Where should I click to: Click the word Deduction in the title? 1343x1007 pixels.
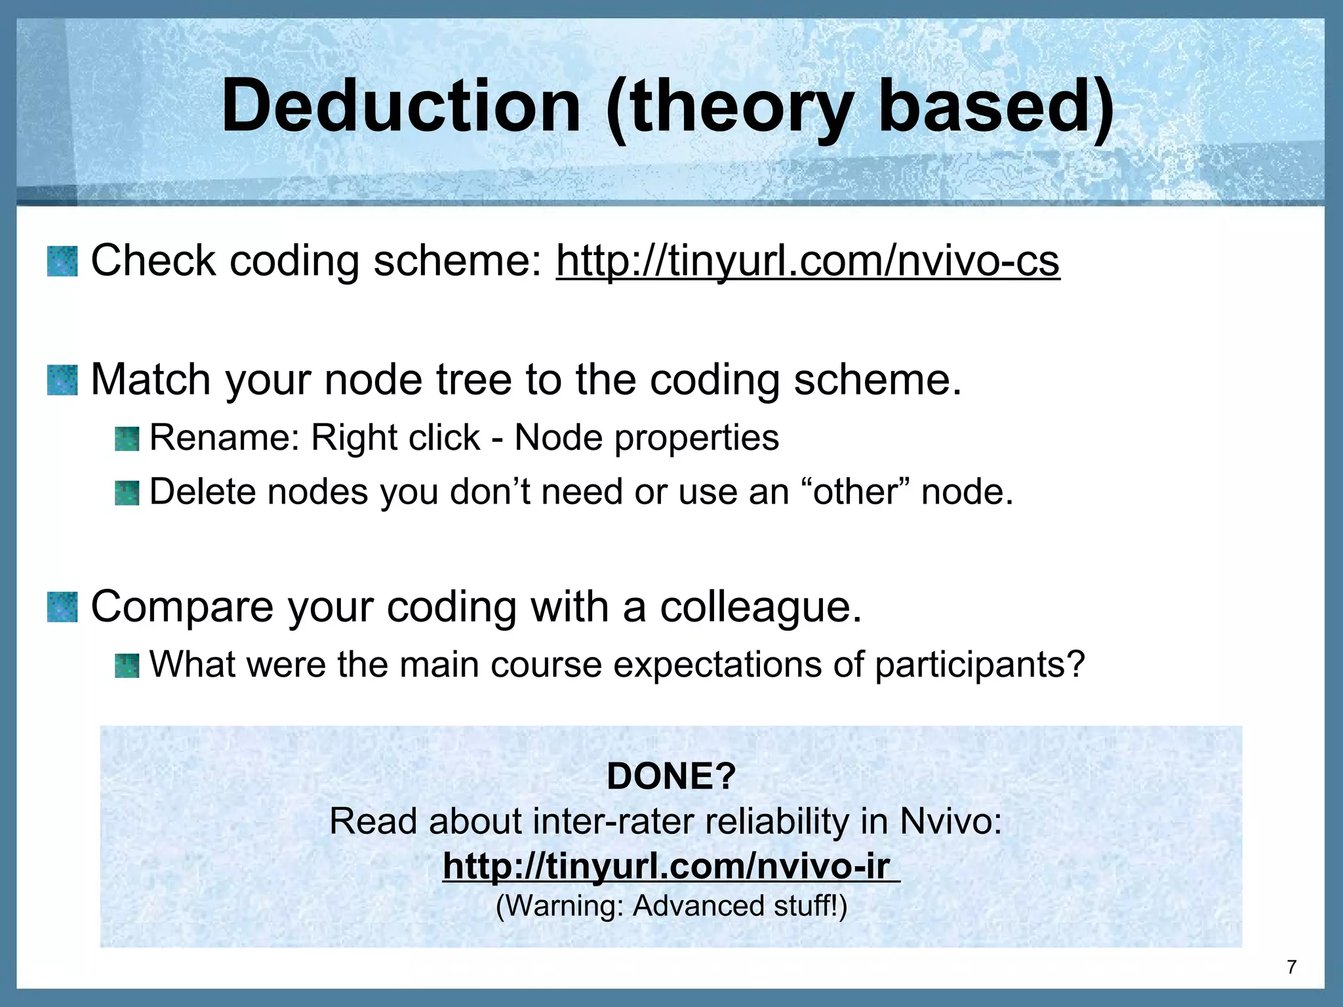[x=401, y=106]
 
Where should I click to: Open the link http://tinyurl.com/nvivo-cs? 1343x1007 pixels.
[x=807, y=261]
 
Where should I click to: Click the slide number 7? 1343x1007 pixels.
[x=1291, y=967]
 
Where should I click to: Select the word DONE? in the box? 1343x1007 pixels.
[x=671, y=776]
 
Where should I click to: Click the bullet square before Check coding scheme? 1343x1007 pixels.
[x=62, y=261]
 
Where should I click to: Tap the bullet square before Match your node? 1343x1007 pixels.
[x=62, y=380]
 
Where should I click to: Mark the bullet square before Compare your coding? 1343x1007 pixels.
[x=62, y=607]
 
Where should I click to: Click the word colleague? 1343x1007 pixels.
[x=760, y=607]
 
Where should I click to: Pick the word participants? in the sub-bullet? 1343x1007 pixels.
[x=980, y=665]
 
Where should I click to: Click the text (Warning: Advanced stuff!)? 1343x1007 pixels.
[x=671, y=906]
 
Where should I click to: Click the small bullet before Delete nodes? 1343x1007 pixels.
[x=127, y=493]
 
